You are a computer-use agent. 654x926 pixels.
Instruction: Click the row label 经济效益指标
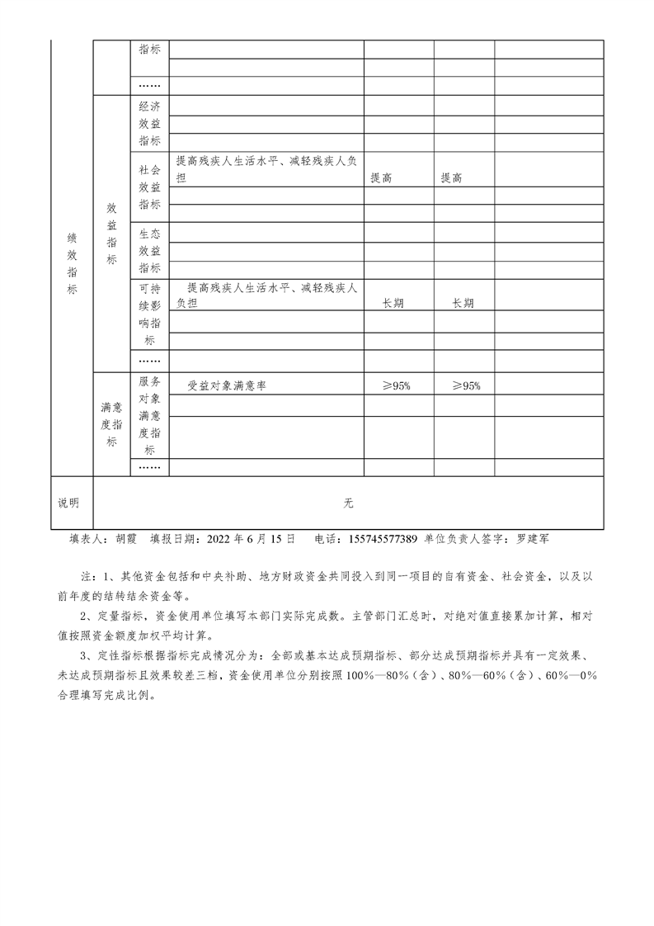(149, 123)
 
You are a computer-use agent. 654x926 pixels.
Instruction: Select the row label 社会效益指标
(149, 187)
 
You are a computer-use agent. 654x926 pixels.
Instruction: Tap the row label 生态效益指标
(149, 251)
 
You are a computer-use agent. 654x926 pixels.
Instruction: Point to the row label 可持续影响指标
(149, 314)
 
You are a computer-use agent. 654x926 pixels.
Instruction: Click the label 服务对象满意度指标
(149, 416)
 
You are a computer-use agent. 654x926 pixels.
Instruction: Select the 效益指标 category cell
(111, 234)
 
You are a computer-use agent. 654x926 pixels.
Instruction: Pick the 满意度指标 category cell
(111, 425)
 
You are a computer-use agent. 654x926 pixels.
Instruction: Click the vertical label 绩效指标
(72, 262)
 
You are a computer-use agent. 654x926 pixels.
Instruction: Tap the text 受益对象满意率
(226, 385)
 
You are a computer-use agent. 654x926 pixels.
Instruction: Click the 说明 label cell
(68, 503)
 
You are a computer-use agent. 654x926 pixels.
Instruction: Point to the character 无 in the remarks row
(348, 503)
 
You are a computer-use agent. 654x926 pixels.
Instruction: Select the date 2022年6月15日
(247, 538)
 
